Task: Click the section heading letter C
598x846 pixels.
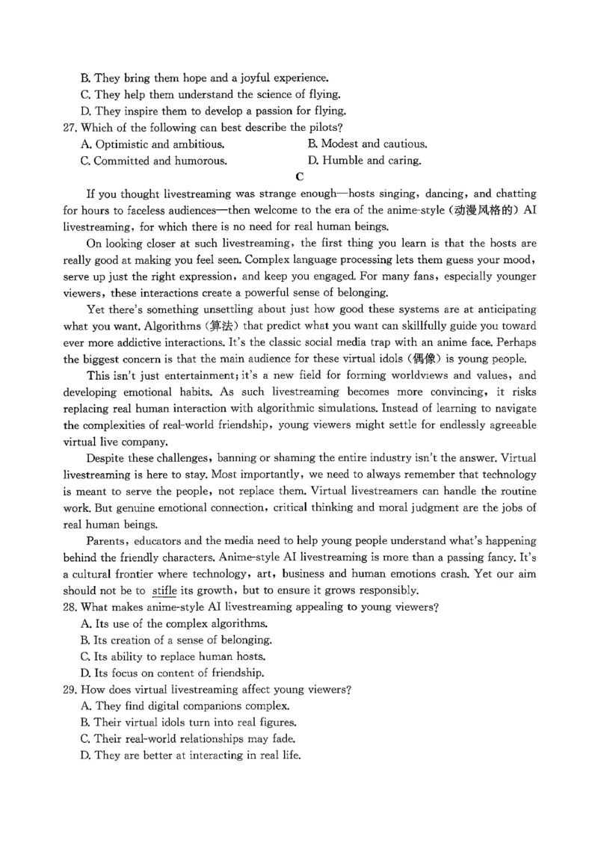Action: click(300, 177)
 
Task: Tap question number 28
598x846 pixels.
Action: click(71, 607)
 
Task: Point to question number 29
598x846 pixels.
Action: click(71, 688)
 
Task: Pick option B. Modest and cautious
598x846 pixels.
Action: click(367, 143)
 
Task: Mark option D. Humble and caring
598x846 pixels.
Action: click(364, 160)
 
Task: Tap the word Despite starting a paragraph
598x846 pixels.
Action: click(108, 458)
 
